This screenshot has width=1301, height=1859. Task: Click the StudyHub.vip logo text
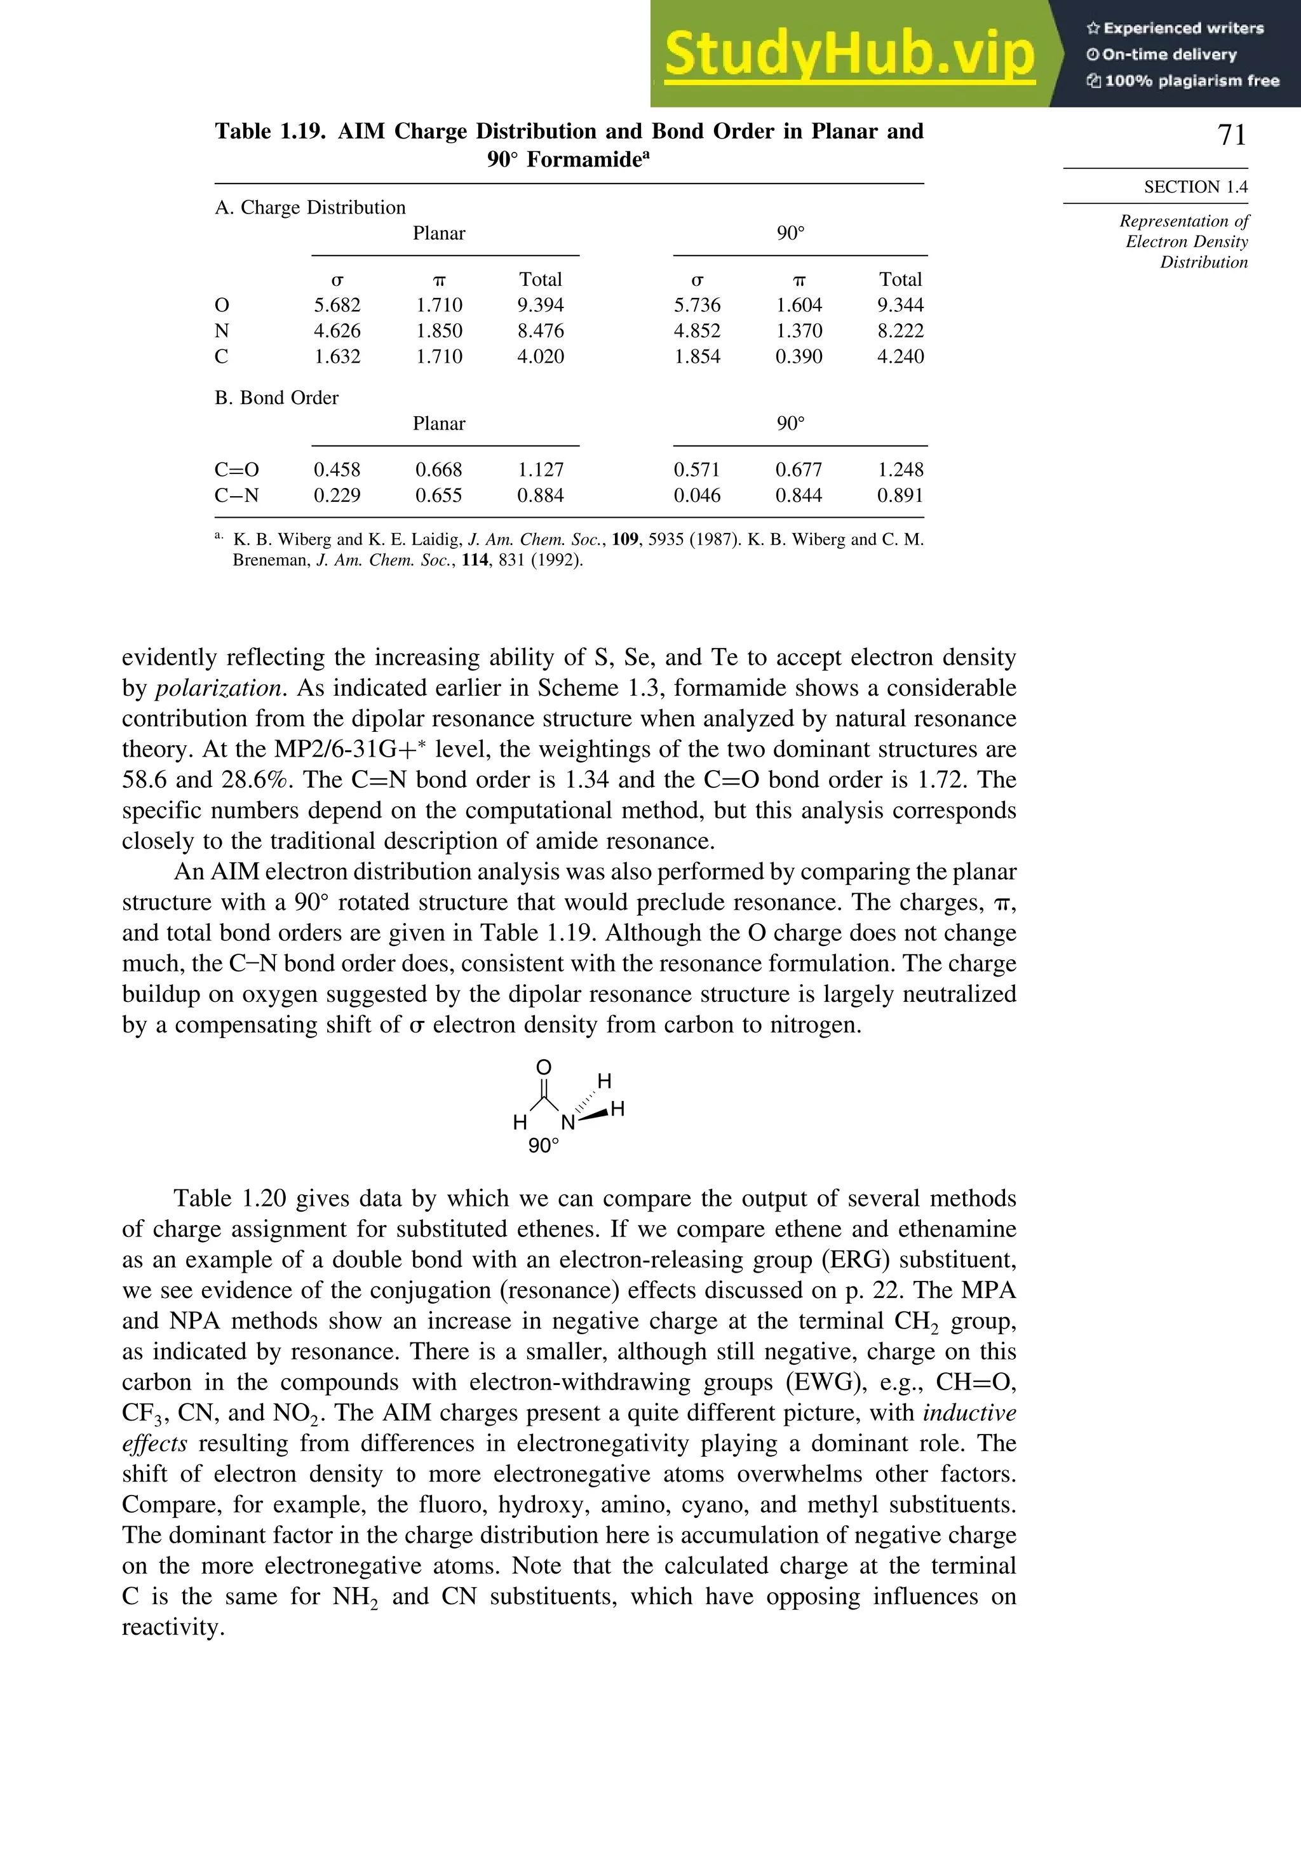tap(849, 55)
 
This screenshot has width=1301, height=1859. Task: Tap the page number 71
tap(1231, 135)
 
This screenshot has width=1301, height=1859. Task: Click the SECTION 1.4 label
tap(1195, 187)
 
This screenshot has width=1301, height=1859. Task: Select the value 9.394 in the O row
tap(540, 305)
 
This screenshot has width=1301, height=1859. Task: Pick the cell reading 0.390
tap(799, 357)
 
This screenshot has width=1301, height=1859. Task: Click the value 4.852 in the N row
tap(696, 331)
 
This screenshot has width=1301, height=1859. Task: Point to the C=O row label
tap(236, 470)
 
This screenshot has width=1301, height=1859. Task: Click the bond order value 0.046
tap(696, 496)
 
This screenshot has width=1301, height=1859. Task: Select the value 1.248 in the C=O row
tap(900, 470)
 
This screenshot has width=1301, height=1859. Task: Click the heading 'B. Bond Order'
tap(276, 398)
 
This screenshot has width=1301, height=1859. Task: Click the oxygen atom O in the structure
tap(544, 1068)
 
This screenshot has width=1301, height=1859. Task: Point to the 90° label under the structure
tap(543, 1146)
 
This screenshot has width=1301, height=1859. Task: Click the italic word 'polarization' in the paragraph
tap(219, 688)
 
